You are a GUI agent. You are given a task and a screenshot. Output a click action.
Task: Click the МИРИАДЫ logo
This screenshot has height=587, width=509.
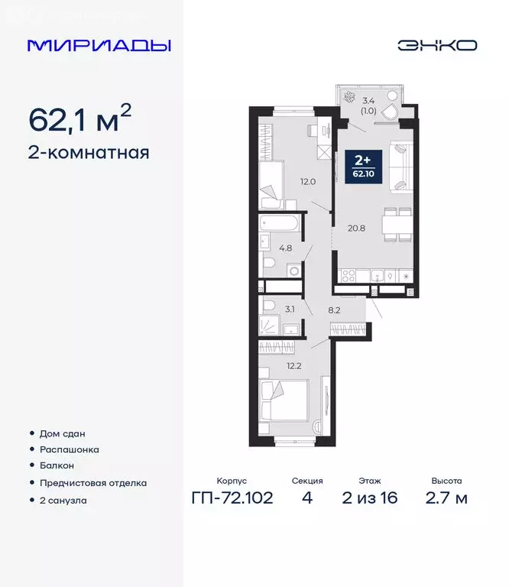click(99, 46)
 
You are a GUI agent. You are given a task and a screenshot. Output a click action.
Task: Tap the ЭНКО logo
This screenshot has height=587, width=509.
click(436, 45)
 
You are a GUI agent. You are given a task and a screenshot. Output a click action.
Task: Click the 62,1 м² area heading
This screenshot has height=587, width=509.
click(79, 118)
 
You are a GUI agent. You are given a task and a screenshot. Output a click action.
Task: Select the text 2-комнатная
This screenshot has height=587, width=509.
click(89, 152)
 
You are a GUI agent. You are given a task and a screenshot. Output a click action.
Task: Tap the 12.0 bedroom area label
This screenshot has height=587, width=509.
click(307, 182)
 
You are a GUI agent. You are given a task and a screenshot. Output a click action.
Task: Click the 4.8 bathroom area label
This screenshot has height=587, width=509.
click(285, 248)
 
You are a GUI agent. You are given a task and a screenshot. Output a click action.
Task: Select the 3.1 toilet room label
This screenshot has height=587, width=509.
click(289, 310)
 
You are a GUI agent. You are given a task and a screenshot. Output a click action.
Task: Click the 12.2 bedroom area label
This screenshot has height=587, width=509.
click(295, 365)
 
